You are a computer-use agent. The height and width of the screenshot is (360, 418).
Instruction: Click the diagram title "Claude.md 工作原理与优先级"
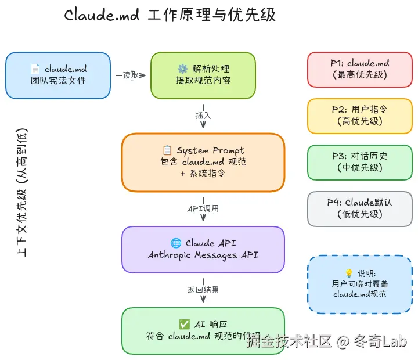[170, 15]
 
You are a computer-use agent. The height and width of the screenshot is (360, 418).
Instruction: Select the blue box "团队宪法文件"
[58, 75]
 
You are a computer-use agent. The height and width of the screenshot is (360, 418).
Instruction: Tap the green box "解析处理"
[203, 75]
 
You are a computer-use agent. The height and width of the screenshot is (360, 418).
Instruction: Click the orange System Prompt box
[203, 162]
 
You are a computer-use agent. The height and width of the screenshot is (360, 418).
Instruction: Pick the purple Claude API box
[203, 249]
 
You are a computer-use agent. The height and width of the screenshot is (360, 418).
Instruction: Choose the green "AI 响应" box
[203, 330]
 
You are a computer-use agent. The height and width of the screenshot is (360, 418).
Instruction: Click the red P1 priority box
[360, 69]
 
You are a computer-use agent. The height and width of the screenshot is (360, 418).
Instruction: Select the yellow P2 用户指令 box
[360, 116]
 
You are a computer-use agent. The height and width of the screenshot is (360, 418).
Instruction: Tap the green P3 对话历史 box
[360, 162]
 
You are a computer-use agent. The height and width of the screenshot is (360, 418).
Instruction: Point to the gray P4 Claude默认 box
[360, 208]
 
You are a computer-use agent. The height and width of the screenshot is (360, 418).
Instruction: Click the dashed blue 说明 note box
[360, 284]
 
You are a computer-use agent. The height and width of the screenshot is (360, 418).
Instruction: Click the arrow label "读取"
[131, 75]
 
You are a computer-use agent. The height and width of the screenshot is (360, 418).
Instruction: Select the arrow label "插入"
[203, 116]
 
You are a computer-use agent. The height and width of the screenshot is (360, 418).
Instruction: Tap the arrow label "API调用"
[203, 208]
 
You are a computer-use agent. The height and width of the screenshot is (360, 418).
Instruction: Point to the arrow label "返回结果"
[203, 289]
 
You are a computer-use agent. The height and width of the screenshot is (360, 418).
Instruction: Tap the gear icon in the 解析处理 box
[182, 69]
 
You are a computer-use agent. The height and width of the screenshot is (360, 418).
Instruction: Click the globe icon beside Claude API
[176, 243]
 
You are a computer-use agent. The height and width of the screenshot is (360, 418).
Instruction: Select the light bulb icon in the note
[349, 273]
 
